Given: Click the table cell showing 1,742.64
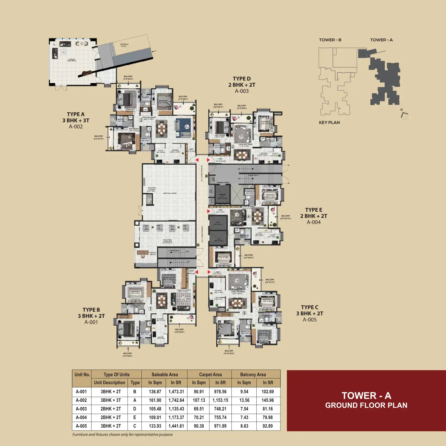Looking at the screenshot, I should (176, 400).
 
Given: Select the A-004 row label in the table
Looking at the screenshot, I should (81, 417).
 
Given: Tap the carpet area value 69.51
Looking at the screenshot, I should (199, 409).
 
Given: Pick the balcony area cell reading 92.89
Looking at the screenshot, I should (268, 426).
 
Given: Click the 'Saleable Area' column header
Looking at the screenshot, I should (164, 374).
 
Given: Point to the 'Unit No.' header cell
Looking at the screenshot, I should (82, 374).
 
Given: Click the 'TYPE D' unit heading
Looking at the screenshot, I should (242, 79).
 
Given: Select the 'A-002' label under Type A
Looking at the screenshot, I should (76, 127).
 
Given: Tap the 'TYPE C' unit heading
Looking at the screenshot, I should (310, 307).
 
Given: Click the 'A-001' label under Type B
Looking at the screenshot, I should (91, 322).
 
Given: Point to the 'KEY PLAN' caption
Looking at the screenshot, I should (329, 123).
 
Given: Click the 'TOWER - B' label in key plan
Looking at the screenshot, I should (330, 40).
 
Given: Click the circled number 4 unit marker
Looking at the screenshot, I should (248, 216).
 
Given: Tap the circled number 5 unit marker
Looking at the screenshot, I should (244, 313).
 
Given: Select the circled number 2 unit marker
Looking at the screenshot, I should (141, 120).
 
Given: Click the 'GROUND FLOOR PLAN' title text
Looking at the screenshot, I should (366, 405).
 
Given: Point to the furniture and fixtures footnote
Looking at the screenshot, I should (123, 434).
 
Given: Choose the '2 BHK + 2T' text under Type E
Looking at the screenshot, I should (314, 216).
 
